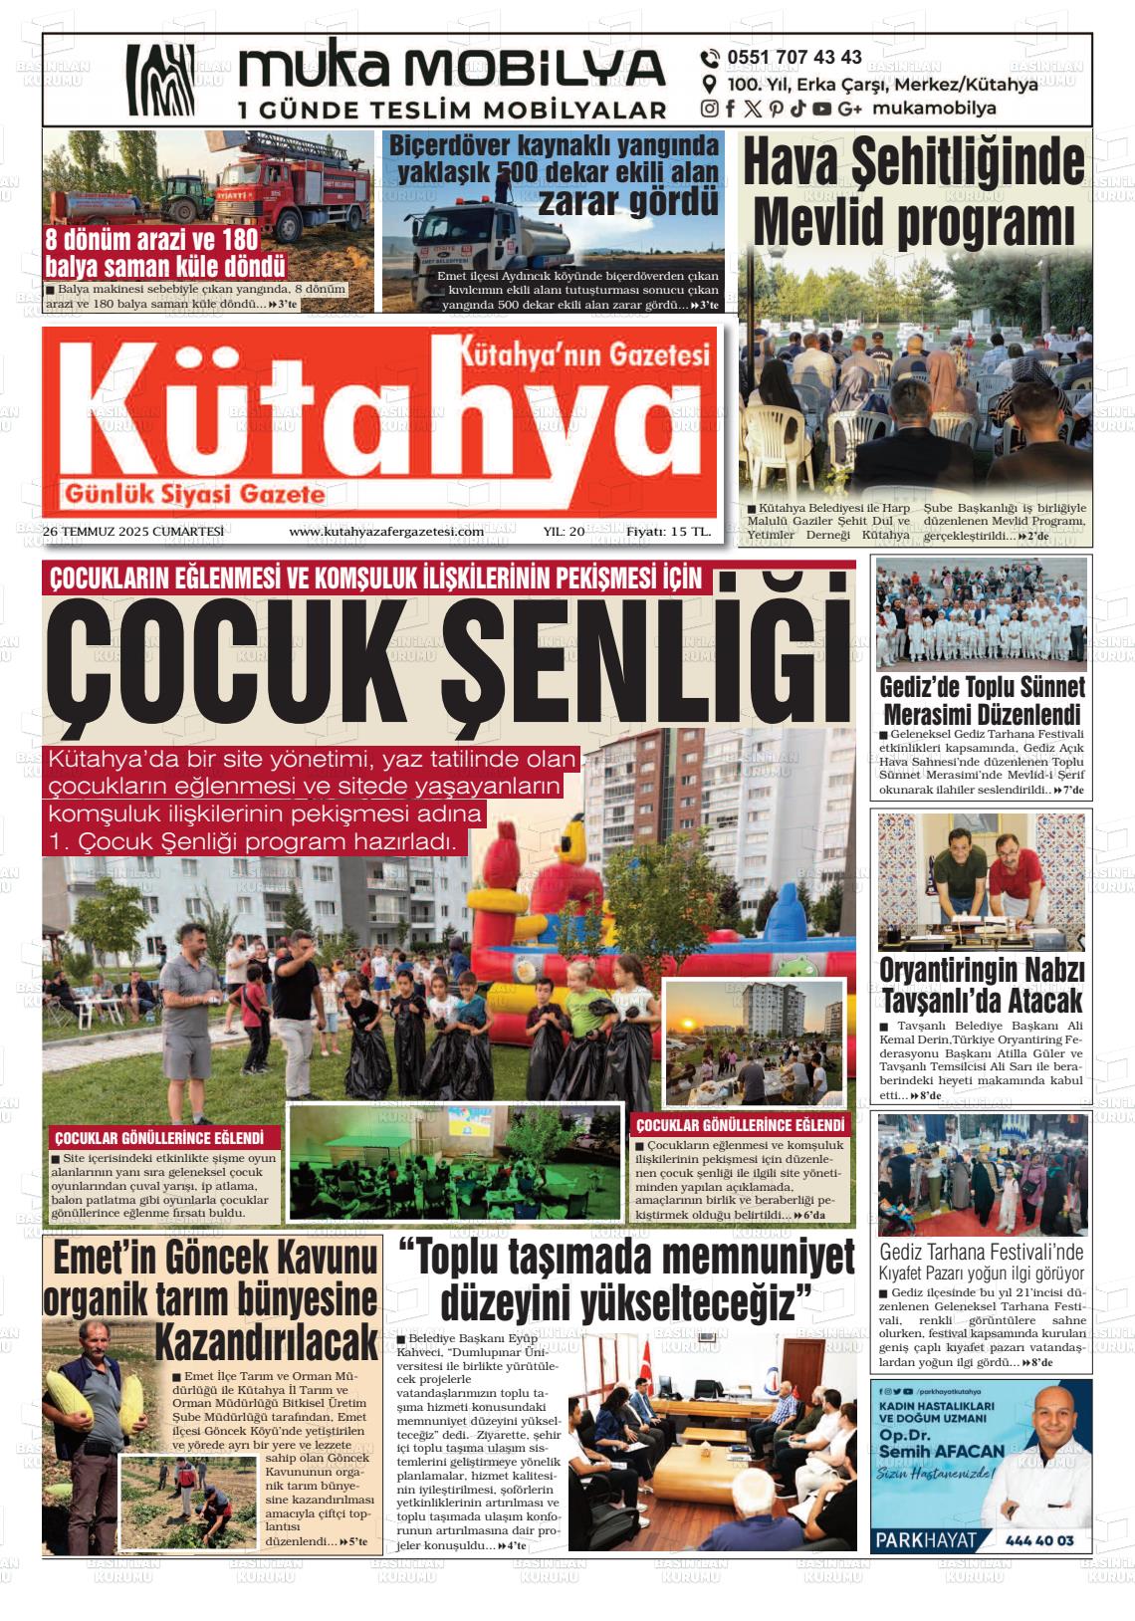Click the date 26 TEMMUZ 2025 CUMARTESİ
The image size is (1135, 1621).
coord(133,532)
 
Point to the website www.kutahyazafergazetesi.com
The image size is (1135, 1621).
coord(386,532)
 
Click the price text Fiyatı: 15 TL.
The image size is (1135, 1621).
coord(668,532)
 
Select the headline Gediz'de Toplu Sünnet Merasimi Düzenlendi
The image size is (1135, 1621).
coord(983,701)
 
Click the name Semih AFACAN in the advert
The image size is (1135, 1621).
coord(940,1452)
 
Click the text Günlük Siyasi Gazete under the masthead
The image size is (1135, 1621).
coord(195,494)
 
